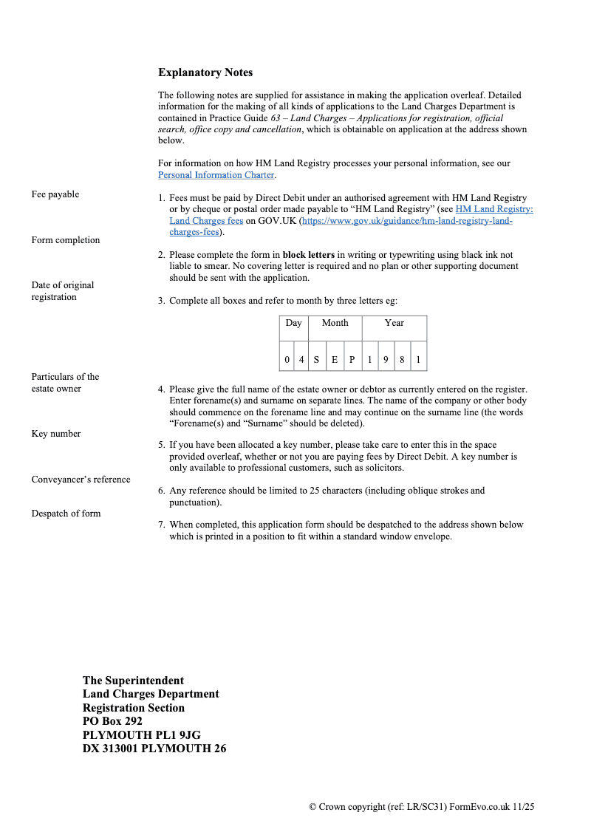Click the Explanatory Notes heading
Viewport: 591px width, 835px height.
(205, 72)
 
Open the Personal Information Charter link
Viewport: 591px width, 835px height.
(216, 175)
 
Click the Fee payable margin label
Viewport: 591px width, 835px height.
(55, 194)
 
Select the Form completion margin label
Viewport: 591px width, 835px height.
(66, 240)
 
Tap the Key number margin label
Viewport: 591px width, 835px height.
(56, 434)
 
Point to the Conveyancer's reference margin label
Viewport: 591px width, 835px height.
(81, 480)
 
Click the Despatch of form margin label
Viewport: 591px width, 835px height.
(66, 514)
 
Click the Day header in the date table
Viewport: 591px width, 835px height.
(294, 323)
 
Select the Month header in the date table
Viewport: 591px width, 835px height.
(335, 323)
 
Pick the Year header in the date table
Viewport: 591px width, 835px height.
(394, 323)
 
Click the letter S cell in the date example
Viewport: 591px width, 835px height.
(316, 361)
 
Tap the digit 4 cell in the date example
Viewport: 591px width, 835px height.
(301, 361)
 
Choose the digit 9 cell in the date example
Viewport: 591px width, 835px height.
(386, 361)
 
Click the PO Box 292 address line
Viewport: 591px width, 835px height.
(112, 721)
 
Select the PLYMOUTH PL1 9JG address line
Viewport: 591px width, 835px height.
(142, 735)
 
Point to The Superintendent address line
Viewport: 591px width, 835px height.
(133, 681)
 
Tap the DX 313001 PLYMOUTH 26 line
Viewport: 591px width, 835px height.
(154, 749)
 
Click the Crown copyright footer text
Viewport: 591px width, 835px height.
(421, 807)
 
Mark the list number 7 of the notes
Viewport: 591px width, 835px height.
(161, 525)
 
